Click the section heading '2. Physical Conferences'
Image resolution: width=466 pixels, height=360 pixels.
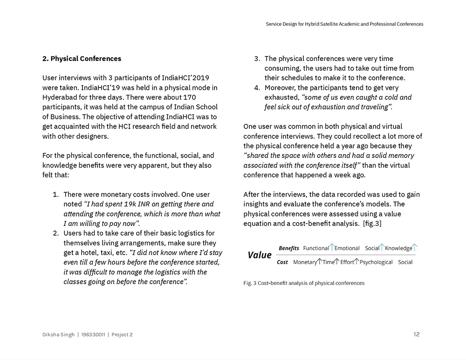coord(82,59)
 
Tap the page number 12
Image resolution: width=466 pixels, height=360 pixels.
coord(416,334)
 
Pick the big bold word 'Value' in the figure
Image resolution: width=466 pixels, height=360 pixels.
coord(260,255)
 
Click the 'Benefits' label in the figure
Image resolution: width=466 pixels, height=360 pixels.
coord(289,248)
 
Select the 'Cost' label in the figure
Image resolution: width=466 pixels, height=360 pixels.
coord(282,262)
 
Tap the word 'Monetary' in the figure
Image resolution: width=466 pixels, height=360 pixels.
coord(305,262)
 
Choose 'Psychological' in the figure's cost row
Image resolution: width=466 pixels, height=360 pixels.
coord(376,262)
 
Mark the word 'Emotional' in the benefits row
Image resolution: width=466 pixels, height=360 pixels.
coord(347,248)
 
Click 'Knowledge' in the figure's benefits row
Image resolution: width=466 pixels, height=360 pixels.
coord(398,248)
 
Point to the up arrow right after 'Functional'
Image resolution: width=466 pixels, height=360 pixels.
coord(332,247)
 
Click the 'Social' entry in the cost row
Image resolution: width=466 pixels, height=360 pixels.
coord(405,262)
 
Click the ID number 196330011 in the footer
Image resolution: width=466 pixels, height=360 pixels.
coord(93,335)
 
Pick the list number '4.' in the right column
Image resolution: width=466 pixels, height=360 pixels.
coord(257,88)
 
